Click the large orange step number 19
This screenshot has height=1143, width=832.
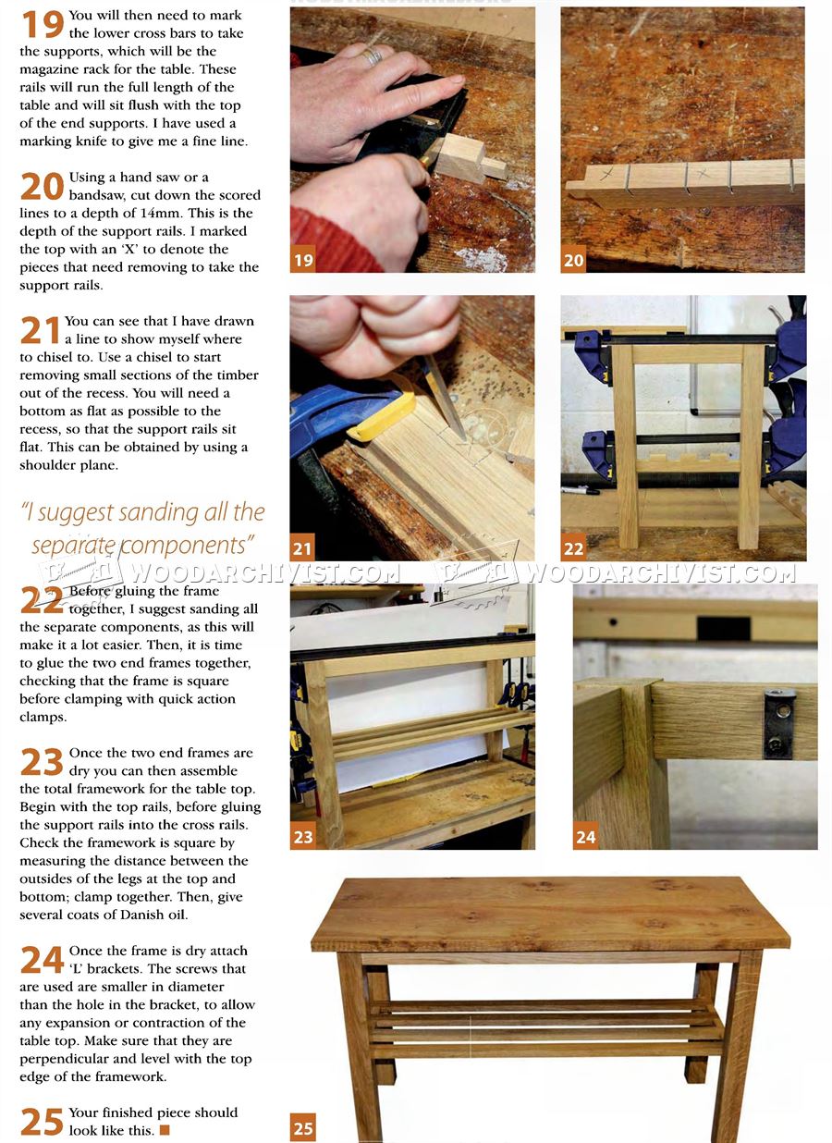click(x=42, y=24)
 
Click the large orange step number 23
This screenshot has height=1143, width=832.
click(x=42, y=762)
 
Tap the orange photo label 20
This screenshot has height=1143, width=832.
click(x=573, y=260)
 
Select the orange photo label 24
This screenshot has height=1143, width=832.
click(x=585, y=837)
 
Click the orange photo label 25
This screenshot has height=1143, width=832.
click(x=302, y=1127)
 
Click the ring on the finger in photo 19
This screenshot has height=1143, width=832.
click(x=372, y=56)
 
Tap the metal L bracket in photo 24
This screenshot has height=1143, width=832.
click(x=778, y=722)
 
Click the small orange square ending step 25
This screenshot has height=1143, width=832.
click(x=165, y=1130)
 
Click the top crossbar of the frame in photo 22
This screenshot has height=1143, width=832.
click(x=688, y=353)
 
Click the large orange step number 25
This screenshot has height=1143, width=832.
click(x=42, y=1122)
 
